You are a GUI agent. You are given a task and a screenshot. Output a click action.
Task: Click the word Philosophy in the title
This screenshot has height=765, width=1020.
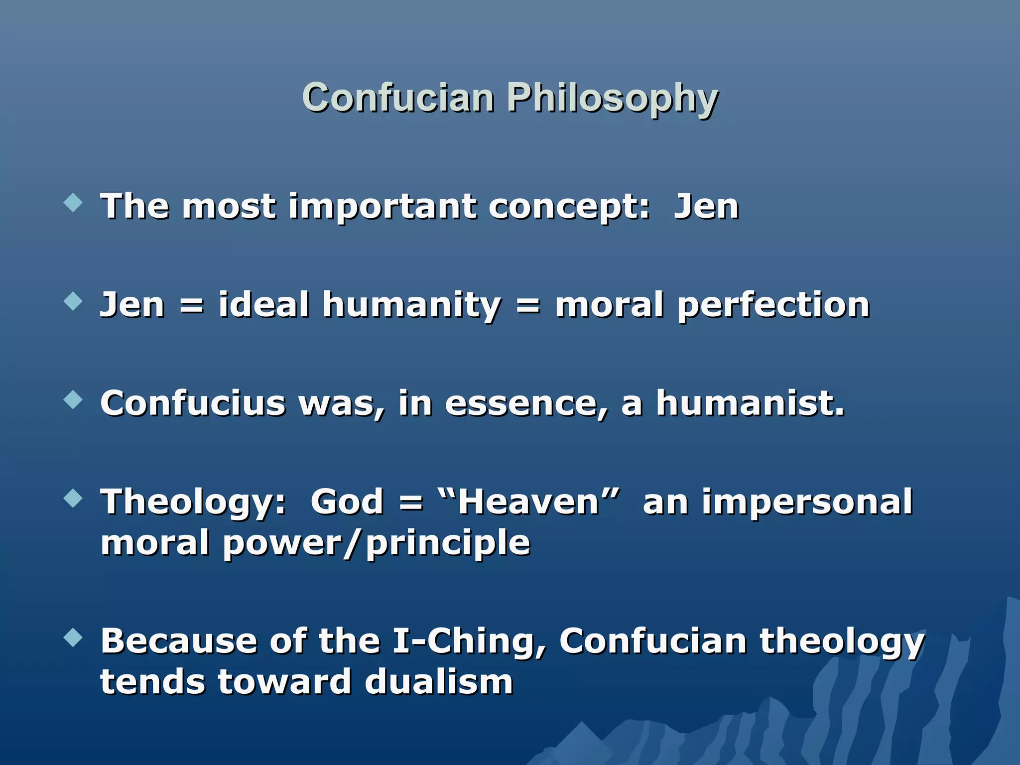click(612, 98)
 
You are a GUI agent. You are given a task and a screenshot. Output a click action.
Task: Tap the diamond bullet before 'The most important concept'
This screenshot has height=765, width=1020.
click(73, 203)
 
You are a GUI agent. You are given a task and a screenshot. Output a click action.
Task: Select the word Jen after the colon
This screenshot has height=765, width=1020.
click(706, 206)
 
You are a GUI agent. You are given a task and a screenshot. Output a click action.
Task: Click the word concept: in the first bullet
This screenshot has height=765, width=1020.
click(569, 207)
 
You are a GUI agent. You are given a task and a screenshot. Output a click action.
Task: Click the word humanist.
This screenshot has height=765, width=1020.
click(750, 403)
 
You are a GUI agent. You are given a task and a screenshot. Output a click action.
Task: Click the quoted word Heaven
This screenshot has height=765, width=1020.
click(528, 501)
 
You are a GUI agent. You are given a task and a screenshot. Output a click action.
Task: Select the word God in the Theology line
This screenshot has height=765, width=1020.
click(347, 501)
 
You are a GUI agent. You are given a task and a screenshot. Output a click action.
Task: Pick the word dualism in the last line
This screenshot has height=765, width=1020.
click(438, 681)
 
